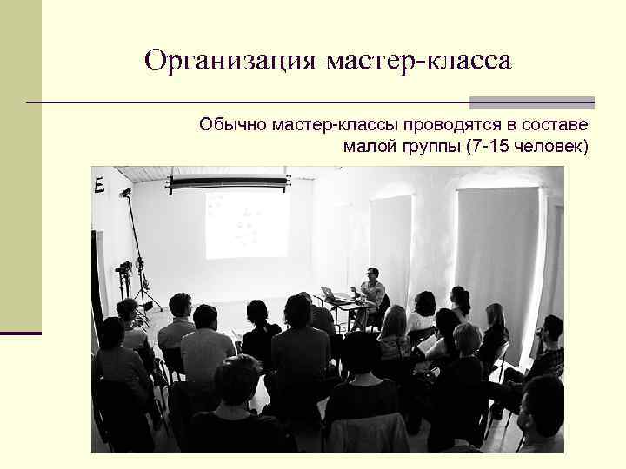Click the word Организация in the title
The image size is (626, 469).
(x=231, y=61)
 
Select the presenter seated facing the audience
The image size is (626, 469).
(x=372, y=290)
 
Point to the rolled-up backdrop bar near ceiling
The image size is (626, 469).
(x=228, y=182)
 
